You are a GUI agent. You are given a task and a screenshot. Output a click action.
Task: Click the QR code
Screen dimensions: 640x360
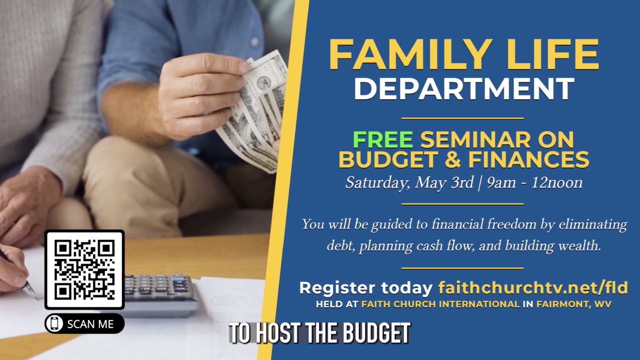click(84, 269)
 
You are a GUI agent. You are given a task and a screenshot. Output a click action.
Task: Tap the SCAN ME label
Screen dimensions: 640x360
click(90, 324)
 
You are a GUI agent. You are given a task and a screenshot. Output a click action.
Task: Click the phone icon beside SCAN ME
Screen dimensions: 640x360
click(54, 323)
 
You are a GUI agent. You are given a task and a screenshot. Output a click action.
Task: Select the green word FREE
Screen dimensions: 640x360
click(383, 139)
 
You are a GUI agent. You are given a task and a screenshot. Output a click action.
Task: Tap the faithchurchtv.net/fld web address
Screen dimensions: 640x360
click(533, 287)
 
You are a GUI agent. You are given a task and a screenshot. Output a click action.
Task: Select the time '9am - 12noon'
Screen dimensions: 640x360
click(534, 182)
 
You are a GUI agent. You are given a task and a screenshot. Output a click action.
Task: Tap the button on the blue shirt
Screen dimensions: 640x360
click(254, 41)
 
